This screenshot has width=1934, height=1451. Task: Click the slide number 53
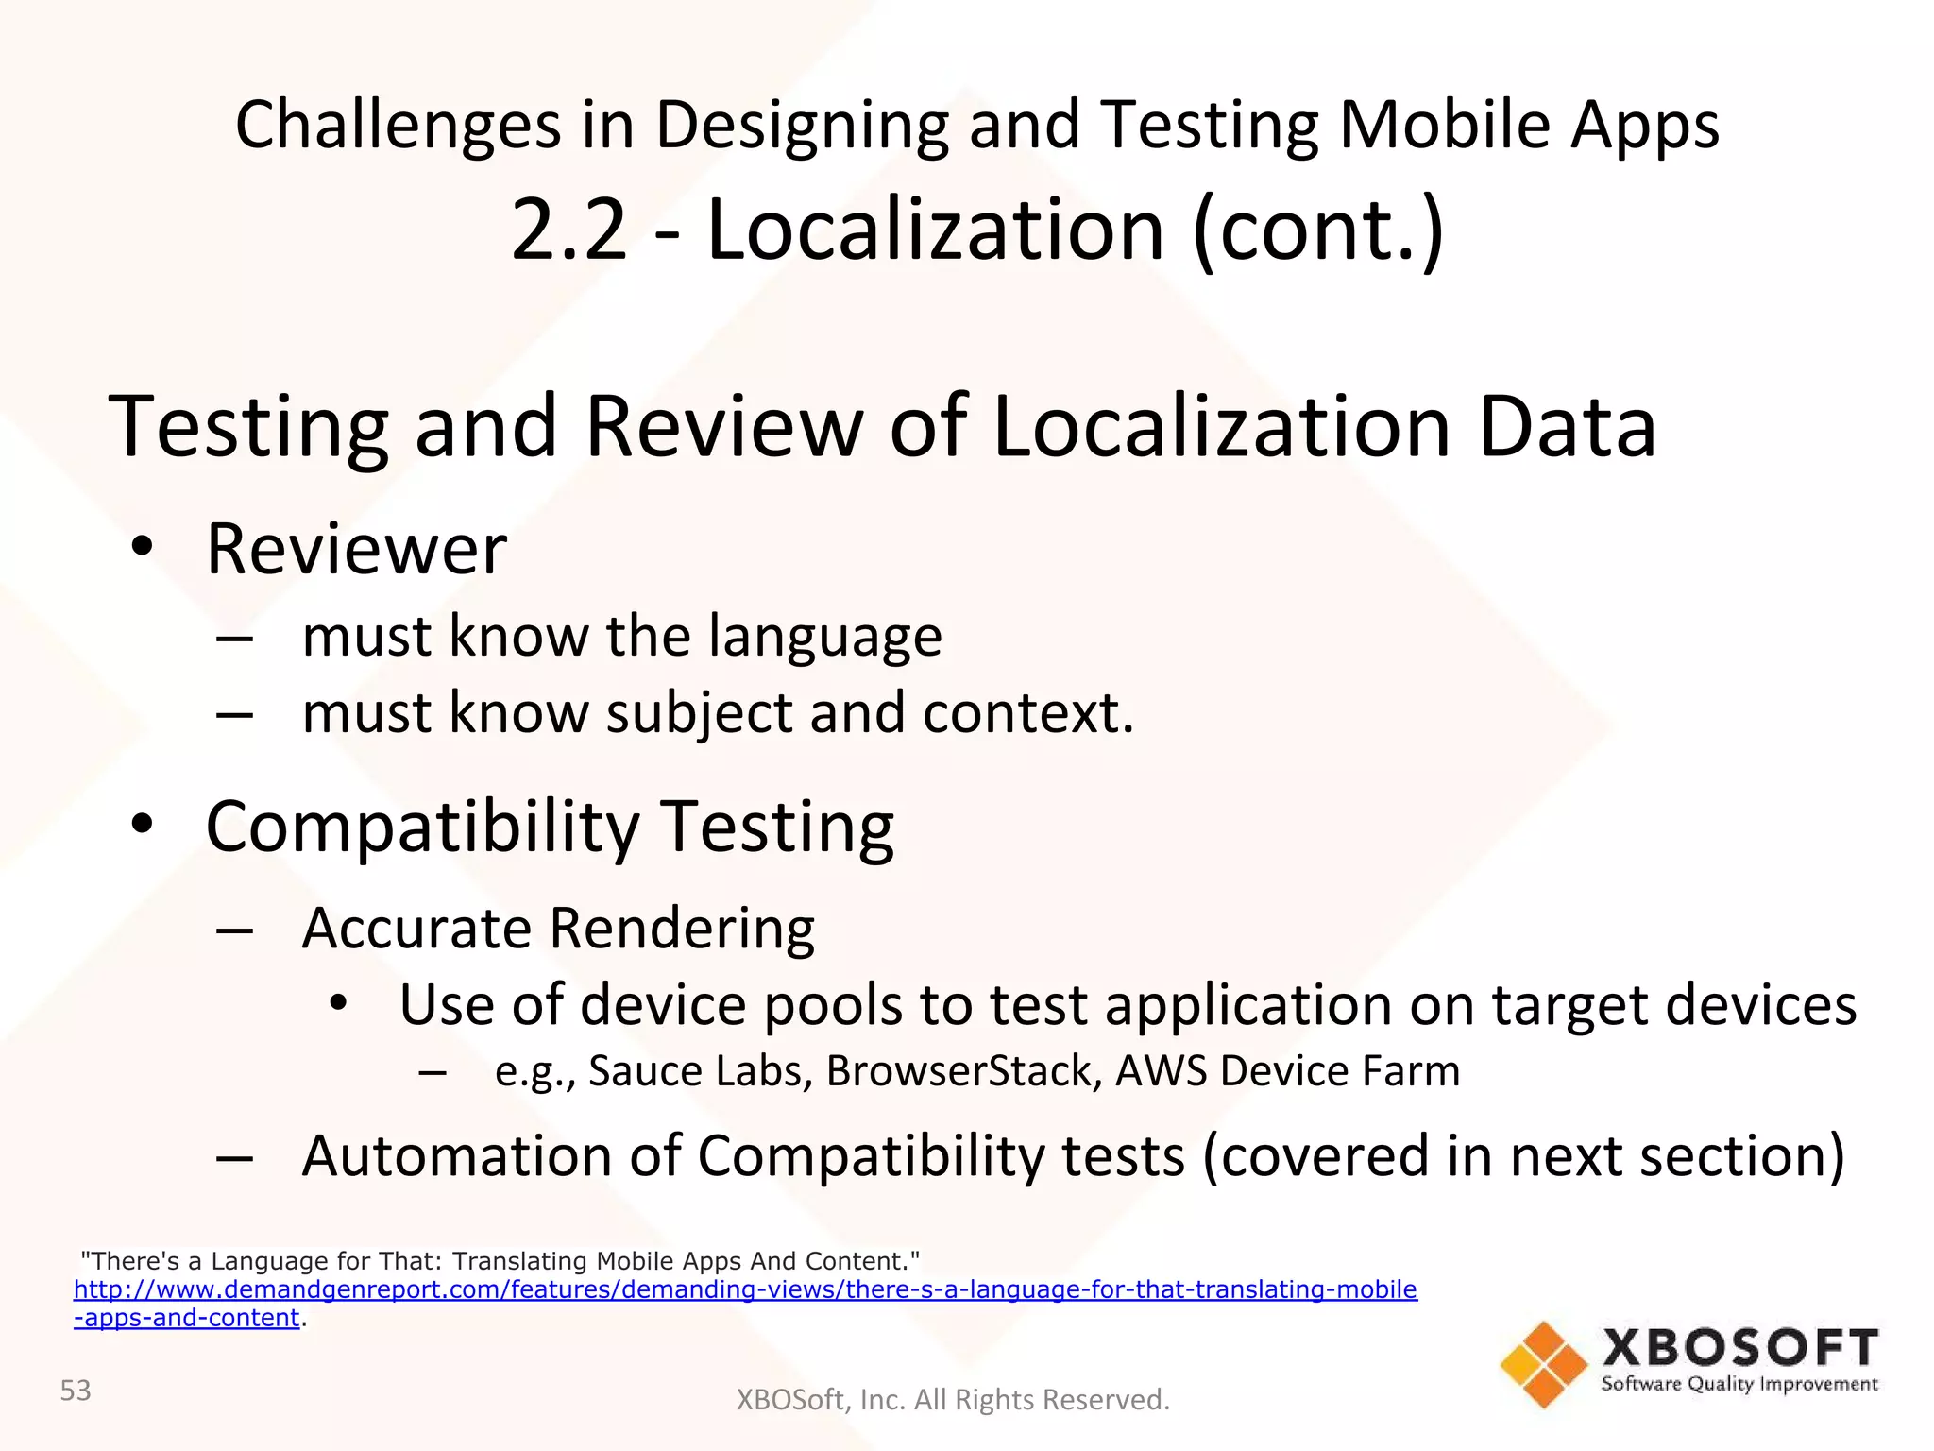[76, 1391]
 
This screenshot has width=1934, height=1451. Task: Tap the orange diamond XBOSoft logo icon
[1544, 1364]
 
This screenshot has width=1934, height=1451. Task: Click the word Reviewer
[356, 549]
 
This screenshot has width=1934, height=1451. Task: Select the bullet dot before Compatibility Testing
[142, 825]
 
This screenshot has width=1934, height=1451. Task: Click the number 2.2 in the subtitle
[568, 230]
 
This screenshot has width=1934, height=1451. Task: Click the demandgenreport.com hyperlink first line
[745, 1289]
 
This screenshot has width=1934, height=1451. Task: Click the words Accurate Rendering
[558, 928]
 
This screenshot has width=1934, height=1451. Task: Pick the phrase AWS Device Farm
[1287, 1071]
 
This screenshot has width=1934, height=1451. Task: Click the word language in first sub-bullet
[824, 636]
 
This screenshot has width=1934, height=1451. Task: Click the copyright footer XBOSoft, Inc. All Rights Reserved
[953, 1400]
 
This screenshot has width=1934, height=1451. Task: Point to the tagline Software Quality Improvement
[1739, 1384]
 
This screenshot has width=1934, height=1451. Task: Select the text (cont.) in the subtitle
[1318, 230]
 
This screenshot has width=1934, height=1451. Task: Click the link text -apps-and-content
[187, 1318]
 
